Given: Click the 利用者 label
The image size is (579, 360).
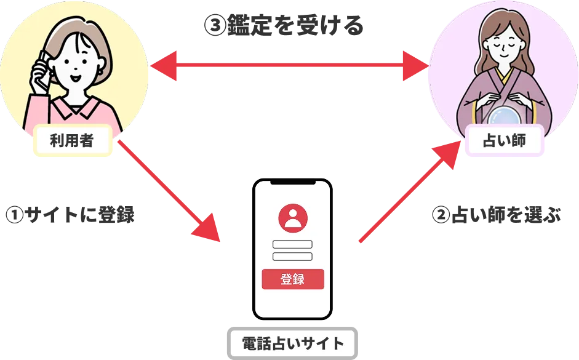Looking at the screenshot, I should point(71,141).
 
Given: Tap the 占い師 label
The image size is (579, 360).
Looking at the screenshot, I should point(505,140).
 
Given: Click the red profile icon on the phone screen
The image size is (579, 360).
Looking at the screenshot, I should point(292,217).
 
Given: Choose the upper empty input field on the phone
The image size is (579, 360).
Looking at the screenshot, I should point(292,244).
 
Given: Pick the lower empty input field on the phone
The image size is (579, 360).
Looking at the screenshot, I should point(292,256).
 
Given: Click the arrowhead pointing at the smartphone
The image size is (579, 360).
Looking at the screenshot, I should point(207,229).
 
